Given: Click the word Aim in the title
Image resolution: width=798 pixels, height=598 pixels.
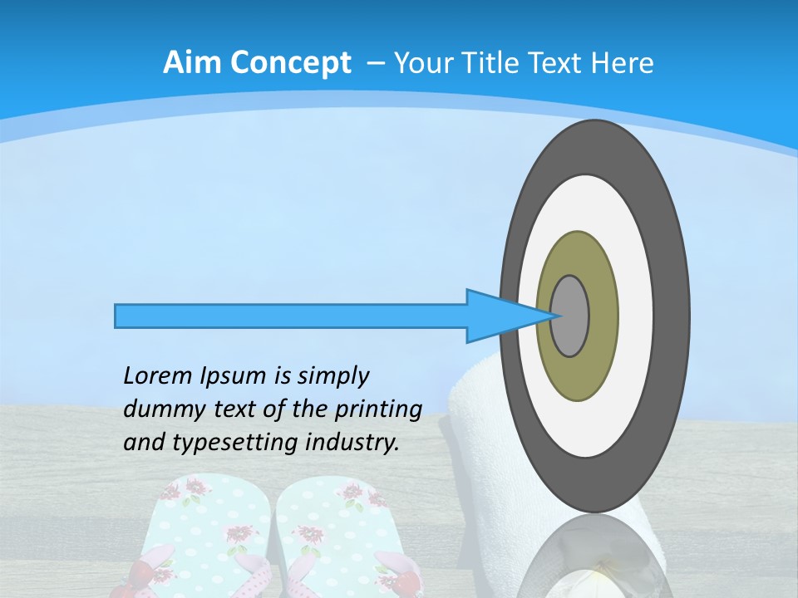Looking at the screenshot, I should (190, 62).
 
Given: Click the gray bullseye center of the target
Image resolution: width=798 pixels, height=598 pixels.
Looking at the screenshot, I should (570, 316).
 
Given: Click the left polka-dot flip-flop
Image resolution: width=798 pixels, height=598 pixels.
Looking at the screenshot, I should (204, 532).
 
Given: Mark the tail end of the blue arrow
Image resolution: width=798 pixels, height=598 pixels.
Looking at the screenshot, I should (118, 316).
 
